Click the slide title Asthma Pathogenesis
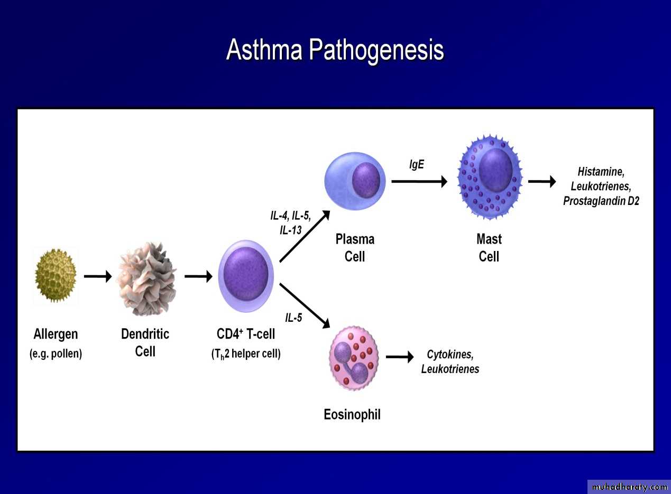(x=335, y=50)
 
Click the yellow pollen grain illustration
(x=56, y=275)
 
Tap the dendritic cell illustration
(x=146, y=278)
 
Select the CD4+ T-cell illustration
(x=245, y=276)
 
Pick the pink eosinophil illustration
(x=354, y=358)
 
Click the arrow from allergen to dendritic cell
(x=98, y=276)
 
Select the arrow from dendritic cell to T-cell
(x=198, y=276)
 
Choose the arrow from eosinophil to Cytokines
(x=400, y=357)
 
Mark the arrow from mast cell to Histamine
(x=542, y=181)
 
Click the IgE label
(x=417, y=164)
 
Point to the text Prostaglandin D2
(x=601, y=201)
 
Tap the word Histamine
(x=601, y=172)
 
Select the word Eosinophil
(x=352, y=415)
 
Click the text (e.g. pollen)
(x=56, y=354)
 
